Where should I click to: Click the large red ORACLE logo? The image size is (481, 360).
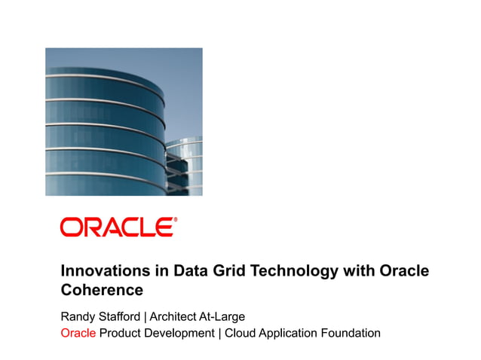[x=118, y=227]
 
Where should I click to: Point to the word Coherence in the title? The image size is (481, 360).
[x=102, y=289]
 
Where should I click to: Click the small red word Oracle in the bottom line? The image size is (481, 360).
[x=78, y=332]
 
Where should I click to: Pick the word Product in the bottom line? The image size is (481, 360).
[x=122, y=332]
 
